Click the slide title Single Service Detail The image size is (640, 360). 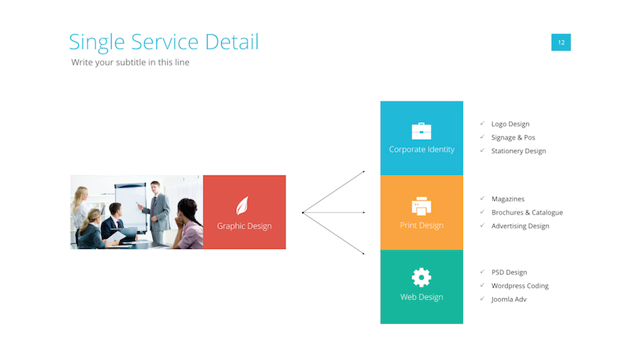click(164, 42)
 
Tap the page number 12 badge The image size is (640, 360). click(561, 43)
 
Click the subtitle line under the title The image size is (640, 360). click(130, 63)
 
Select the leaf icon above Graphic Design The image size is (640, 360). click(243, 206)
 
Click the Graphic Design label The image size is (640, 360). click(244, 226)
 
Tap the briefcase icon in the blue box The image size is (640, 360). click(422, 131)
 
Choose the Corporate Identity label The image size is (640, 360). click(422, 149)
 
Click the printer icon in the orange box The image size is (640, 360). click(422, 206)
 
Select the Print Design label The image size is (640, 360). click(422, 226)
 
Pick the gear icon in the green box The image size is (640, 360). click(422, 277)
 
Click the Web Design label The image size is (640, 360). click(422, 297)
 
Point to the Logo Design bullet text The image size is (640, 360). click(510, 124)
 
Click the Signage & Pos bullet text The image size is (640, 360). click(513, 137)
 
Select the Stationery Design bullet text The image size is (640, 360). click(518, 151)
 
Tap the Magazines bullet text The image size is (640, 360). click(508, 199)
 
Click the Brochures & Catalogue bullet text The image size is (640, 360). click(527, 213)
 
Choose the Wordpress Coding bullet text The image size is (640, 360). click(520, 286)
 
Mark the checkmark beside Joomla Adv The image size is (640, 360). click(482, 299)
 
